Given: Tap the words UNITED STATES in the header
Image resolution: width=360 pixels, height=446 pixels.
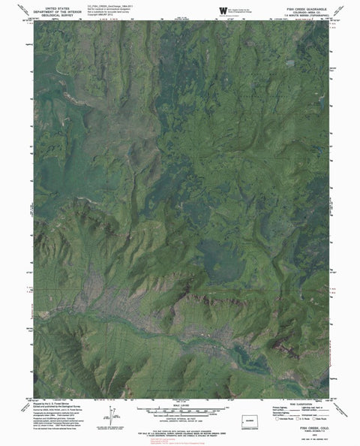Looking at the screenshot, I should pos(61,6).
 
